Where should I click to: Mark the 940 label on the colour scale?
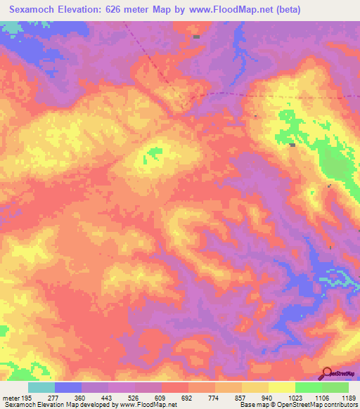(x=267, y=397)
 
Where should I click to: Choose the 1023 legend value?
(x=295, y=397)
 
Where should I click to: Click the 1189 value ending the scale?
(x=349, y=397)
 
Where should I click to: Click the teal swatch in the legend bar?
(x=41, y=387)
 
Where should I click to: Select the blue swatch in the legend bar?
(x=68, y=387)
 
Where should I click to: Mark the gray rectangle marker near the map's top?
(x=196, y=37)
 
